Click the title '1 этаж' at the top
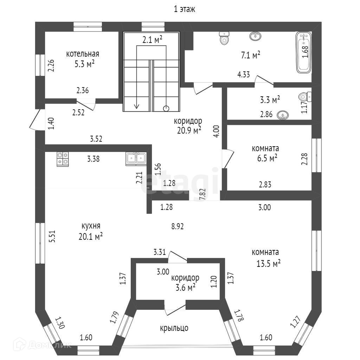[185, 9]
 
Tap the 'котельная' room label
[83, 54]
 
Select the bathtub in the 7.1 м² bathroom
[304, 52]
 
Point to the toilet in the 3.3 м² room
[304, 96]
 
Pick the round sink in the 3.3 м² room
[283, 115]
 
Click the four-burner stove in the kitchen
[63, 159]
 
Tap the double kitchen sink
[136, 159]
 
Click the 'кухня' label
[91, 225]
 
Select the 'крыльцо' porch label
[174, 328]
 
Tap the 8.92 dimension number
[178, 226]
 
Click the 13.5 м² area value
[269, 263]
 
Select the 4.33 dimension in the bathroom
[244, 75]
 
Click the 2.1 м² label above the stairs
[152, 40]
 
